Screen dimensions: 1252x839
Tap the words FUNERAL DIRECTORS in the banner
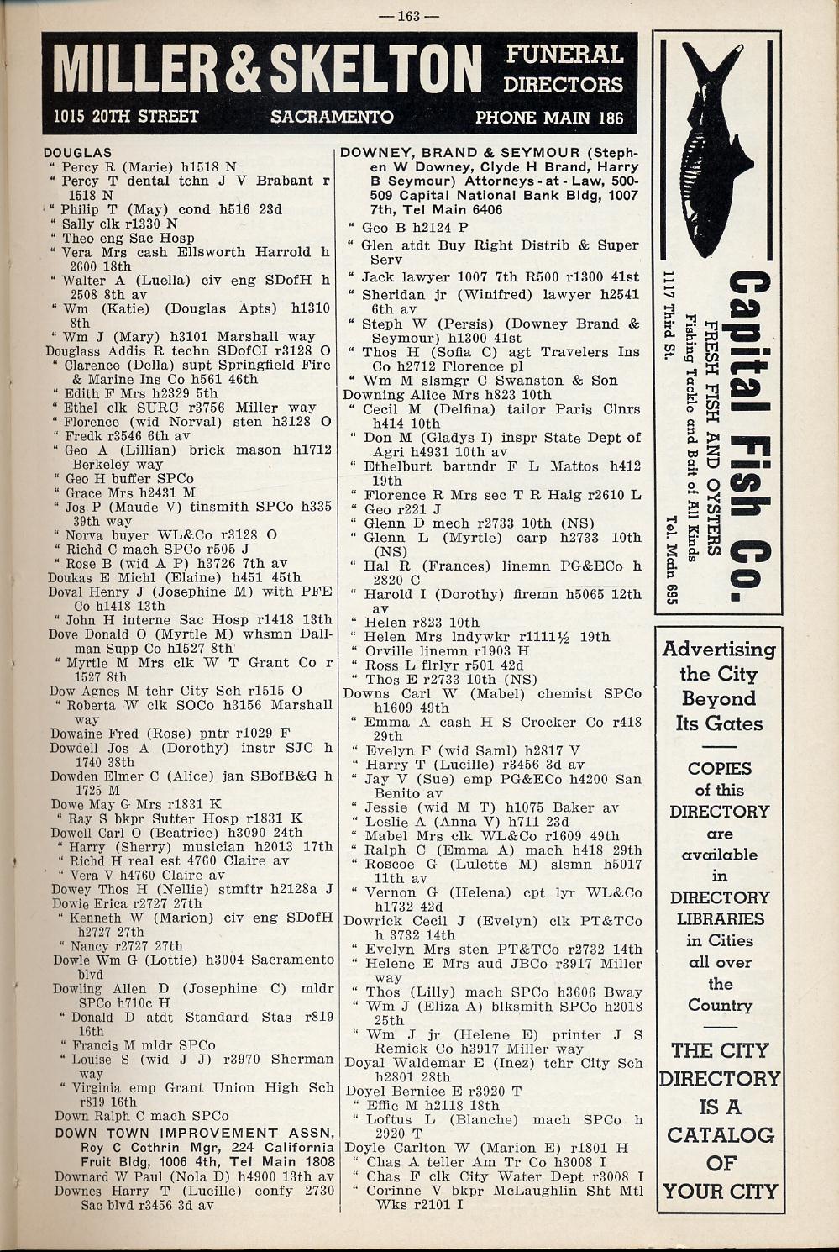(564, 70)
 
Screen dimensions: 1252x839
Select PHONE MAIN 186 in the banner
(549, 117)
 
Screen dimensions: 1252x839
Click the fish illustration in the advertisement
(711, 147)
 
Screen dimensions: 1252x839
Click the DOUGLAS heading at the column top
(77, 153)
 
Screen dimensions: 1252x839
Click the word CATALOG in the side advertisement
(720, 1135)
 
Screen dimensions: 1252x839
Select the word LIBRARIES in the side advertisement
(720, 919)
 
